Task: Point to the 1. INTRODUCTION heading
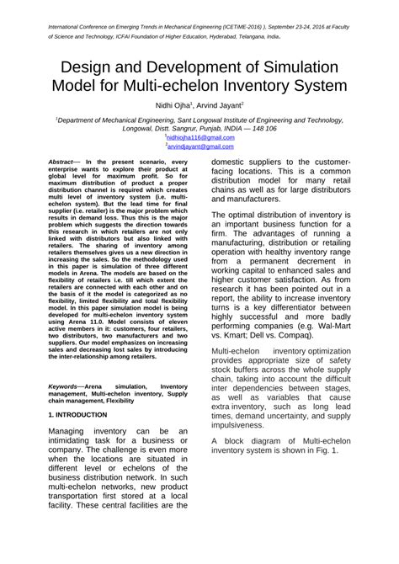(78, 414)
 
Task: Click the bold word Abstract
(61, 160)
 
